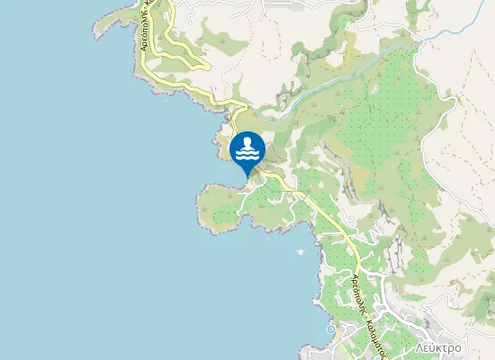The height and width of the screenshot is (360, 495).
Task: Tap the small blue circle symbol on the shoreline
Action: pyautogui.click(x=330, y=329)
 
